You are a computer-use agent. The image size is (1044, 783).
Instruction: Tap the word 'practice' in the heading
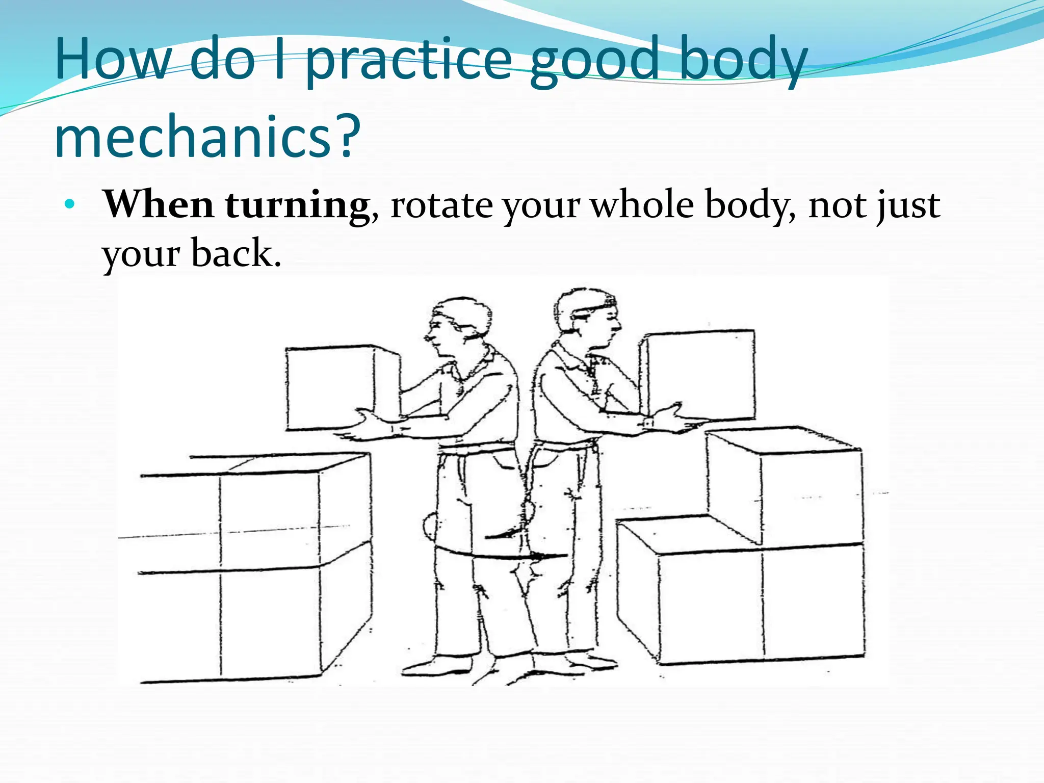pos(408,61)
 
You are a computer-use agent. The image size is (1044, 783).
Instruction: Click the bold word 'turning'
pos(297,205)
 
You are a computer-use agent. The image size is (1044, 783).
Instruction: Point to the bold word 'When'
pos(159,204)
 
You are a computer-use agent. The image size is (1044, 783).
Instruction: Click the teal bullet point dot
pos(70,205)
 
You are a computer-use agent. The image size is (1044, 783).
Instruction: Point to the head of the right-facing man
pos(586,316)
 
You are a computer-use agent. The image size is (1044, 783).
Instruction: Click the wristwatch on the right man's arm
pos(648,423)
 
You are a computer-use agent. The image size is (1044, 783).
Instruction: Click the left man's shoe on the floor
pos(438,665)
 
